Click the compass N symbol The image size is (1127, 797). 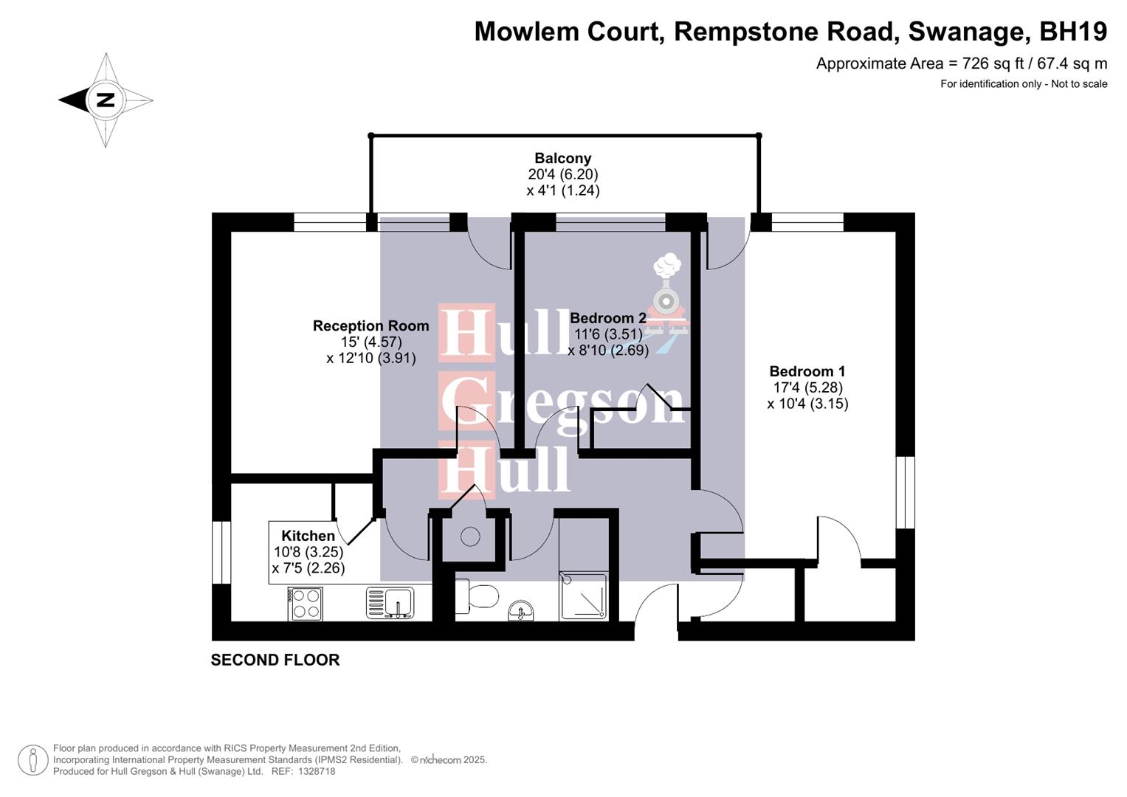click(106, 100)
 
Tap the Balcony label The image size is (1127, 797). click(562, 158)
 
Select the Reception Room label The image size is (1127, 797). click(371, 325)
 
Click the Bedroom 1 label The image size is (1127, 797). click(807, 371)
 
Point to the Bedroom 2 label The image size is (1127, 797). click(607, 318)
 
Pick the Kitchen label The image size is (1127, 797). click(308, 536)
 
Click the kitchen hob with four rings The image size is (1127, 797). click(306, 603)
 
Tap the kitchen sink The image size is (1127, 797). click(390, 603)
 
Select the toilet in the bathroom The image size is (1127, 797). click(476, 596)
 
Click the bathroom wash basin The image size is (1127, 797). click(521, 612)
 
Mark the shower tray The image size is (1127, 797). click(584, 596)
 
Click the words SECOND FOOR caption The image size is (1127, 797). click(275, 660)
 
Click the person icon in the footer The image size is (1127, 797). click(32, 760)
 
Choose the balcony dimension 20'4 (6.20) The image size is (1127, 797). click(562, 174)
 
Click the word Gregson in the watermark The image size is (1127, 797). click(562, 402)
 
